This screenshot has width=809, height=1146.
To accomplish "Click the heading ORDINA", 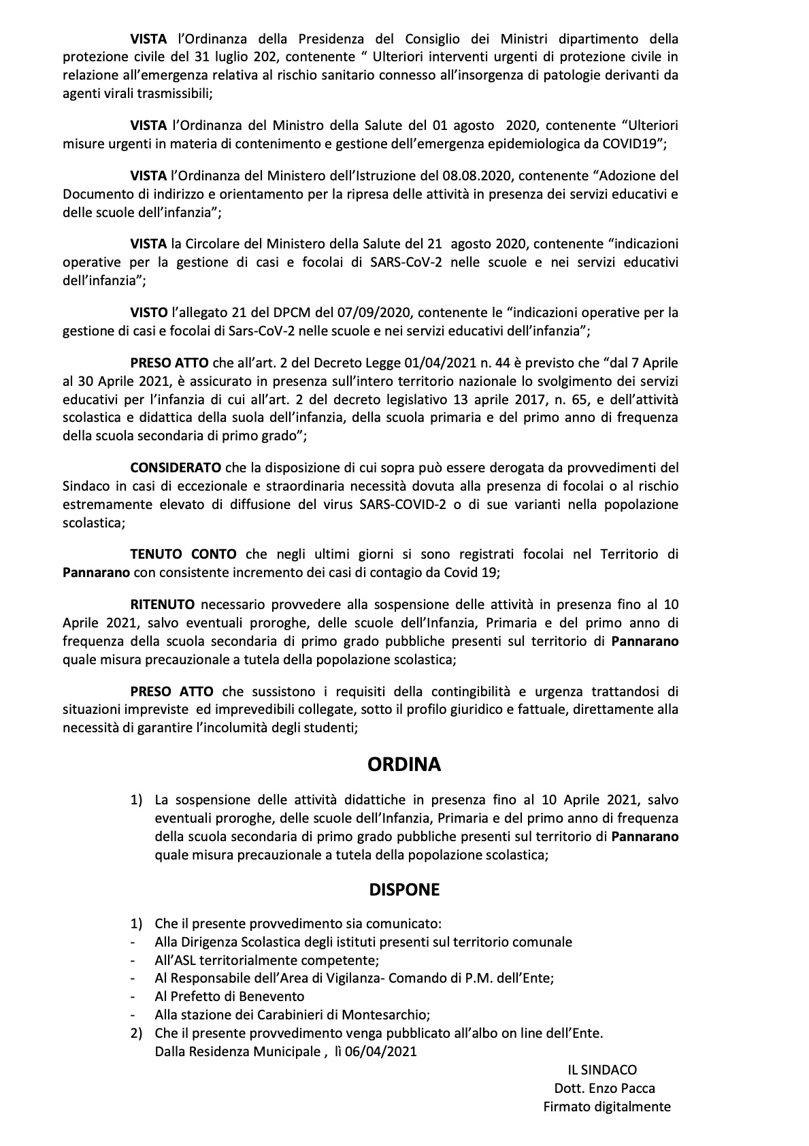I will point(404,764).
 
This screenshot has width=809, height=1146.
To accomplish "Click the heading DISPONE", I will point(404,889).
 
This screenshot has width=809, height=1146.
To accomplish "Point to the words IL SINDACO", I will point(602,1070).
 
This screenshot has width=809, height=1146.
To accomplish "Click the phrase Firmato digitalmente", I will point(606,1107).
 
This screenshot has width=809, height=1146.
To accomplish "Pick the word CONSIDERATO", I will point(176,468).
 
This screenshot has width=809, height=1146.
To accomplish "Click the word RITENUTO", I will point(163,604).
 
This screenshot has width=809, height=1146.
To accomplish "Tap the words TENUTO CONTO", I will point(184,555).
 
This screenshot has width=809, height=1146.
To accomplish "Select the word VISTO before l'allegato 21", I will point(149,312).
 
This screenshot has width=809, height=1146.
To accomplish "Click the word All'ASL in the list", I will point(178,960).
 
